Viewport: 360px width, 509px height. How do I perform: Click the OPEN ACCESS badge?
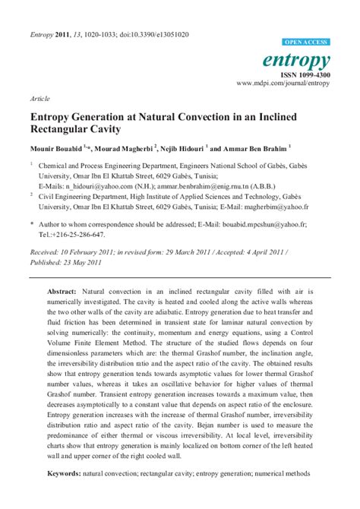(306, 43)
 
